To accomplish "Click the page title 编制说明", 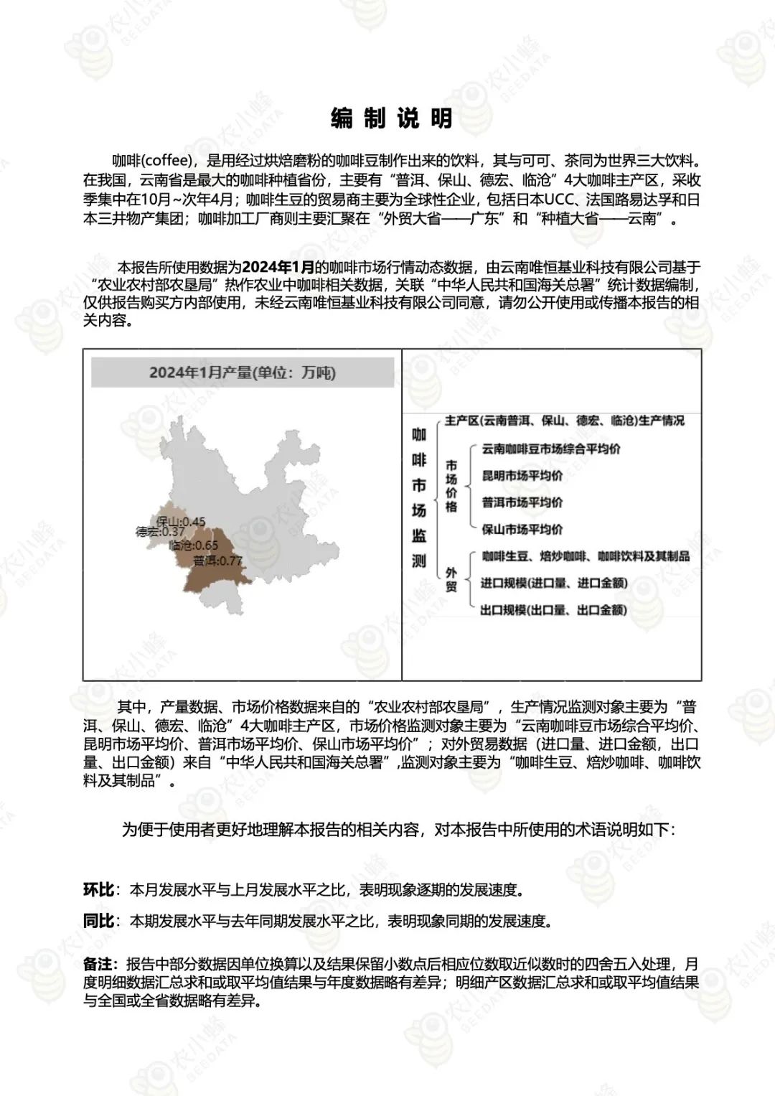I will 392,119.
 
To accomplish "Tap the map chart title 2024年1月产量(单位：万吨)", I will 243,373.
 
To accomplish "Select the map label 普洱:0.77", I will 217,561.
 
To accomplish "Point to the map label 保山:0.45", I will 181,522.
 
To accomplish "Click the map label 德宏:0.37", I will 160,533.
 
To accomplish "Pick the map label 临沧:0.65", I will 194,545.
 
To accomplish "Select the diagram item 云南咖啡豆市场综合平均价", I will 551,449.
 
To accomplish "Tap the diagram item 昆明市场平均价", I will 522,476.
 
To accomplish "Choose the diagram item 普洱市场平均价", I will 522,502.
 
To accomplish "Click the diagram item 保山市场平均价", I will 522,530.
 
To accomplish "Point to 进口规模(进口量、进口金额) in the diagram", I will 554,583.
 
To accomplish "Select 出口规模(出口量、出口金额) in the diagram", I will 554,610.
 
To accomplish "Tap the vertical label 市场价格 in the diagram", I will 451,487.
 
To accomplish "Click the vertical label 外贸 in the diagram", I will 451,579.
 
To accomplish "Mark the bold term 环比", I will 98,890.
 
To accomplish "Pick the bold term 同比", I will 98,920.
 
